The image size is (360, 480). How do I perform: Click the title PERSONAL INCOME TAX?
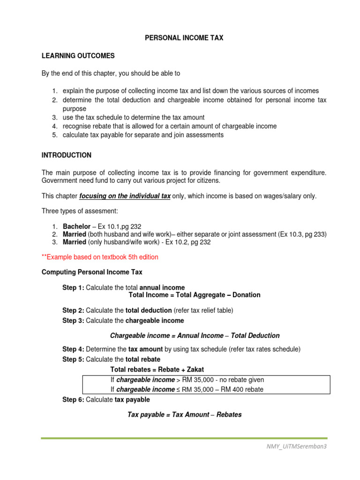click(183, 38)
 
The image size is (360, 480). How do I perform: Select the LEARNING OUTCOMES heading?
click(78, 56)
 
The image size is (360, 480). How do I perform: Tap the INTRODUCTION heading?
click(67, 155)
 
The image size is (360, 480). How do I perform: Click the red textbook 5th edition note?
click(100, 257)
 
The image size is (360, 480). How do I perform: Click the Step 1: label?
click(73, 287)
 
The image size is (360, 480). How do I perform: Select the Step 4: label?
click(73, 349)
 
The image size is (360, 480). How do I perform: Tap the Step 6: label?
click(73, 399)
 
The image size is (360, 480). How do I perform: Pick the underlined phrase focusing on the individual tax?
click(125, 196)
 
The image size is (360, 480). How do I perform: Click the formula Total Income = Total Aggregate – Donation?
click(194, 295)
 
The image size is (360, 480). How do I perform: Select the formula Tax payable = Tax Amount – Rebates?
click(184, 414)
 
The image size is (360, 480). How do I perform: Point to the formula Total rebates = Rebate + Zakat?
click(157, 369)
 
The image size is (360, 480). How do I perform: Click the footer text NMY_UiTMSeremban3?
click(296, 446)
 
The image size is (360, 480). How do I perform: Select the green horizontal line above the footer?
click(183, 438)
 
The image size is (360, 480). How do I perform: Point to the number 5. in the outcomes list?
click(54, 135)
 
